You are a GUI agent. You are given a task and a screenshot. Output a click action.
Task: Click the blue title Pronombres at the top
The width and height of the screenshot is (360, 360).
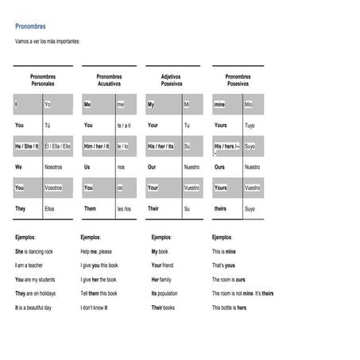coord(30,25)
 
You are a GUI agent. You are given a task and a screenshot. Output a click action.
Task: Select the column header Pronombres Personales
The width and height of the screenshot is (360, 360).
coord(43,79)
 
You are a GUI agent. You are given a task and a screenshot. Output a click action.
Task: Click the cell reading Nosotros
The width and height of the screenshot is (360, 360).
coord(54,167)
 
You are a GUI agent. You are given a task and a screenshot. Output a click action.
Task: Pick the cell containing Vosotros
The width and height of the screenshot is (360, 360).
coord(54,188)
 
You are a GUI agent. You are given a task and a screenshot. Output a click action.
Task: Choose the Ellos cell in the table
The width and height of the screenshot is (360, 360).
coord(50,208)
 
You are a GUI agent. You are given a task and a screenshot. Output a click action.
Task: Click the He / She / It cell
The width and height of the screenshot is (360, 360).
coord(28,146)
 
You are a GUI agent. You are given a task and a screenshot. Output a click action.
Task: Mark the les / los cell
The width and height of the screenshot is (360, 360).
coord(124,208)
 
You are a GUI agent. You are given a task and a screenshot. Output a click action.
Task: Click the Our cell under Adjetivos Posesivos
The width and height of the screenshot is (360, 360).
coord(153,167)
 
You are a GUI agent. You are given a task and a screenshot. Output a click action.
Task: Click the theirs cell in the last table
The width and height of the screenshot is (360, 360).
coord(220,208)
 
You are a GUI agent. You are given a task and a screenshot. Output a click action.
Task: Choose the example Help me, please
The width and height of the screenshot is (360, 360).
coord(96,251)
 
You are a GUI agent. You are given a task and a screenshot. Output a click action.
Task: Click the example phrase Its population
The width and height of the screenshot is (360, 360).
coord(169,293)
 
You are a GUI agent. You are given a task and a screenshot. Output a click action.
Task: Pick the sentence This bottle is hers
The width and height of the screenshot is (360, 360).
coord(229,307)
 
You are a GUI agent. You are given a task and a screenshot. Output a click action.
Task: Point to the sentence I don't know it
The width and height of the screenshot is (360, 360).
coord(95,307)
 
